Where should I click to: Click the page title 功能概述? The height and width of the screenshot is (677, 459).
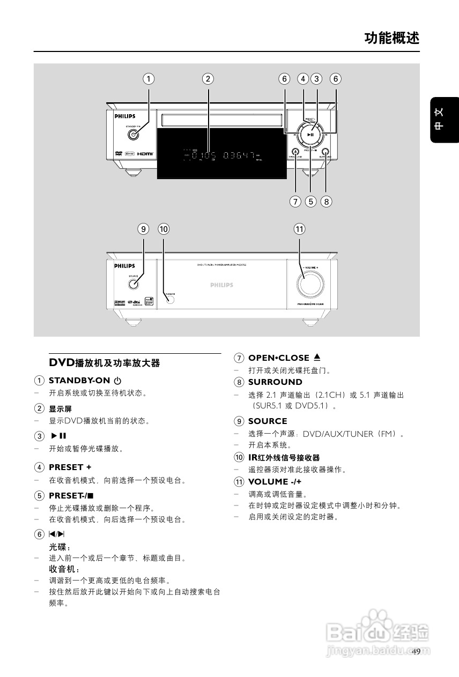pos(391,38)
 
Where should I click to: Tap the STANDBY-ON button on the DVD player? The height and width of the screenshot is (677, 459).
pos(134,135)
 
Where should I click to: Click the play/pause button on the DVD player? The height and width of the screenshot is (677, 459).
pos(310,135)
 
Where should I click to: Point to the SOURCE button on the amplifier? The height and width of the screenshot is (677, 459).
pos(134,282)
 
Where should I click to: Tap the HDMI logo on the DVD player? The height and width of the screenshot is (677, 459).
pos(145,154)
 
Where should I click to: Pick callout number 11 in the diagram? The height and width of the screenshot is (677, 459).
pos(299,229)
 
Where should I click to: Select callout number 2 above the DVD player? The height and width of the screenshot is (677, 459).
pos(208,79)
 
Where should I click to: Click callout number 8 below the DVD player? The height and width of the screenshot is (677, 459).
pos(327,202)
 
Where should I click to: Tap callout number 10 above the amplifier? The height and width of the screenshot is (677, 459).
pos(164,229)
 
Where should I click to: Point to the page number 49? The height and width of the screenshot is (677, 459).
pos(417,651)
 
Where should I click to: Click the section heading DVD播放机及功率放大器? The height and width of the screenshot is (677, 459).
pos(105,363)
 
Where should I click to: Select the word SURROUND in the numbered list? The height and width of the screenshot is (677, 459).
pos(275,382)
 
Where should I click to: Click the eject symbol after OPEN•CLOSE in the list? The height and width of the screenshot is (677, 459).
pos(317,358)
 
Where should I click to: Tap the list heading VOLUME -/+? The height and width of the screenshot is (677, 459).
pos(275,481)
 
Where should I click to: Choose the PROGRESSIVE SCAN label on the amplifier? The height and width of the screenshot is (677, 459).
pos(310,304)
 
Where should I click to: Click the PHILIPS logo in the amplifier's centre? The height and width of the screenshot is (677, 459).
pos(221,285)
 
